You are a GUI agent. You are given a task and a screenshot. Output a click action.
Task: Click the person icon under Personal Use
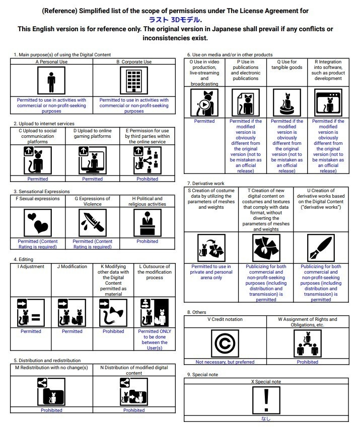click(x=51, y=81)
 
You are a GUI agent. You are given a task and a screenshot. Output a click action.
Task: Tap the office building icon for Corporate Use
click(x=133, y=81)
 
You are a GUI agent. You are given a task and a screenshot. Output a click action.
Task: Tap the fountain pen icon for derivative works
click(x=320, y=248)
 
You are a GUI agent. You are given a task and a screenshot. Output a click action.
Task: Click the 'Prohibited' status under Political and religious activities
click(x=147, y=241)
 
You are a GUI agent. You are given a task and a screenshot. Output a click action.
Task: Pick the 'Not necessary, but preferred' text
click(x=225, y=362)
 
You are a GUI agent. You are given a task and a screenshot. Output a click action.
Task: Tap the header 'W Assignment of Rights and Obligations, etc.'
click(x=307, y=322)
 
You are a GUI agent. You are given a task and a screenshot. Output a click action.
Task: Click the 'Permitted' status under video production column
click(x=204, y=121)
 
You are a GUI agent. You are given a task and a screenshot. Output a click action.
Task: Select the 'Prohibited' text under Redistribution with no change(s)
click(x=51, y=410)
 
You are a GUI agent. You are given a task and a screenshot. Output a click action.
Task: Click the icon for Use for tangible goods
click(x=286, y=103)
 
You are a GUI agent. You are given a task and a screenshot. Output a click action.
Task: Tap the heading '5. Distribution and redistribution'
click(x=47, y=361)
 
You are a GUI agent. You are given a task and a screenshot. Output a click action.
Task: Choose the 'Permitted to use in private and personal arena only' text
click(x=211, y=272)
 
